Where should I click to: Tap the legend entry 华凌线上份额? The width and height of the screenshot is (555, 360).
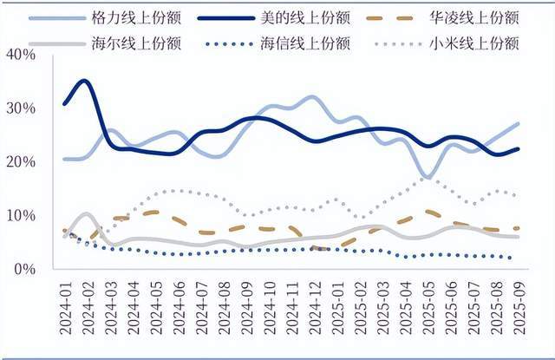coord(473,17)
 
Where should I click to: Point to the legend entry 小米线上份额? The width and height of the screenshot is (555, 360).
coord(473,42)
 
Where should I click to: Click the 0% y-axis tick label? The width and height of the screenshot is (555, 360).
coord(23,269)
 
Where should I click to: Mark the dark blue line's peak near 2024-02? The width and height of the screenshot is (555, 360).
coord(84,81)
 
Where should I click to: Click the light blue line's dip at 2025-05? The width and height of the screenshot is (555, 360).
coord(428,177)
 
